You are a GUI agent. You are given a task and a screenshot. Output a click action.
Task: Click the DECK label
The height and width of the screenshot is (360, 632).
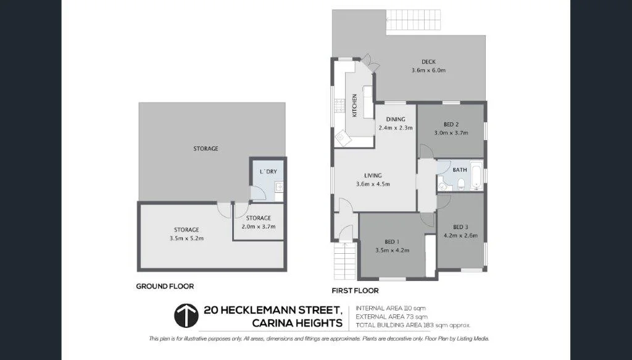pyautogui.click(x=428, y=62)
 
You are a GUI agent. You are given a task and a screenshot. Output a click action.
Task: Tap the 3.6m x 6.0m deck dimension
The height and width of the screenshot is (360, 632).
pyautogui.click(x=428, y=70)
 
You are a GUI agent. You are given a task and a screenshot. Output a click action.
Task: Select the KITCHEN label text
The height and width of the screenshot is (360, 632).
pyautogui.click(x=355, y=105)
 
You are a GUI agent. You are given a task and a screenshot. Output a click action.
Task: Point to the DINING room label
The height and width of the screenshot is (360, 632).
pyautogui.click(x=396, y=119)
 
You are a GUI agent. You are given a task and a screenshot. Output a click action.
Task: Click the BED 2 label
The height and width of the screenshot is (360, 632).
pyautogui.click(x=451, y=124)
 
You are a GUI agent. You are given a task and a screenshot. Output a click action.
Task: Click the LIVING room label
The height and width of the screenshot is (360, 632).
pyautogui.click(x=373, y=175)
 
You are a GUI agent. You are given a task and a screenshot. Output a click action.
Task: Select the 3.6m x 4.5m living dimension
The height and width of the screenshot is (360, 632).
pyautogui.click(x=373, y=183)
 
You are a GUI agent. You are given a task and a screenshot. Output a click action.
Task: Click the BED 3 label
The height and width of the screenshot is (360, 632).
pyautogui.click(x=461, y=227)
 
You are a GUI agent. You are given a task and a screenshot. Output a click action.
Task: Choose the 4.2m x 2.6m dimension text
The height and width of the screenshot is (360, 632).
pyautogui.click(x=461, y=235)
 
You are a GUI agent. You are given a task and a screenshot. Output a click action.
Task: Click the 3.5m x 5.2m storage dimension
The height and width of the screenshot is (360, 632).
pyautogui.click(x=186, y=238)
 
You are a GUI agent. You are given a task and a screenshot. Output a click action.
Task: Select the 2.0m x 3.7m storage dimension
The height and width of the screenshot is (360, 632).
pyautogui.click(x=258, y=227)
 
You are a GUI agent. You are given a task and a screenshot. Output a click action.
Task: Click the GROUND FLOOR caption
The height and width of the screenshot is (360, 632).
pyautogui.click(x=165, y=286)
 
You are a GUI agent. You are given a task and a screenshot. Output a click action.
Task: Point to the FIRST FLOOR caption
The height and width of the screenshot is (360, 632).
pyautogui.click(x=355, y=290)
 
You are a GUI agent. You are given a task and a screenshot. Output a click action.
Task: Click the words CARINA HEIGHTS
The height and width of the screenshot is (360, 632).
pyautogui.click(x=297, y=323)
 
